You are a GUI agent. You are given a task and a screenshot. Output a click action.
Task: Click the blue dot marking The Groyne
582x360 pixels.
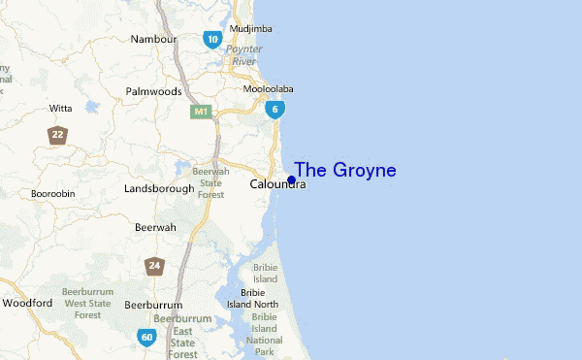[x=291, y=180]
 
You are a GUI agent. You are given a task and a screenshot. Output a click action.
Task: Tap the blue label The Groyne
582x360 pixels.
[x=345, y=170]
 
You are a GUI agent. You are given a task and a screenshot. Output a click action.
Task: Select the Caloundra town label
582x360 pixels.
[x=276, y=184]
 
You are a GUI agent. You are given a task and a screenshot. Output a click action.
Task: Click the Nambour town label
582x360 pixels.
[x=153, y=40]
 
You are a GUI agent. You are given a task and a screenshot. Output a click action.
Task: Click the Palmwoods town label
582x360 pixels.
[x=153, y=92]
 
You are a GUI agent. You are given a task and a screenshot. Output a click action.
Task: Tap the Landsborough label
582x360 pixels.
[x=159, y=189]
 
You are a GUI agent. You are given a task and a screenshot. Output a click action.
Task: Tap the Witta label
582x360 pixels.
[x=61, y=108]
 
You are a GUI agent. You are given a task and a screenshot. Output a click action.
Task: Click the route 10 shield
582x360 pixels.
[x=212, y=39]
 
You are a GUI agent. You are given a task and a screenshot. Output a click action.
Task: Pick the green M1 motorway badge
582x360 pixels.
[x=202, y=112]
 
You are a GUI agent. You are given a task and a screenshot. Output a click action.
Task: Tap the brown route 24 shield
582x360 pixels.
[x=154, y=266]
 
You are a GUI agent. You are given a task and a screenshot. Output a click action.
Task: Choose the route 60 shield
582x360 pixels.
[x=146, y=338]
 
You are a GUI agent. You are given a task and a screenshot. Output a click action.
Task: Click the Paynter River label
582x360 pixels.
[x=242, y=54]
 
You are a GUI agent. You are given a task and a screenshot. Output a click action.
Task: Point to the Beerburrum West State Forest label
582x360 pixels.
[x=87, y=304]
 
